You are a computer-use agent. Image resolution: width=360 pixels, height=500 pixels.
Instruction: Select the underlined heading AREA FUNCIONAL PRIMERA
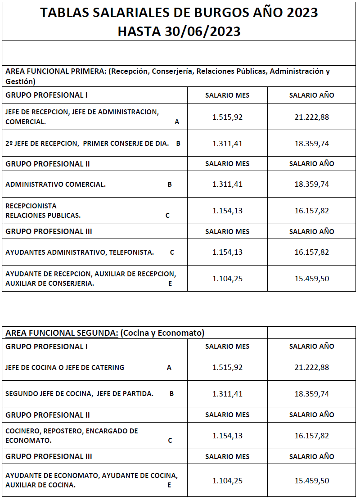click(56, 72)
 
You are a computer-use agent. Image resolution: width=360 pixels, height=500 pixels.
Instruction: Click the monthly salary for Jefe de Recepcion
click(227, 117)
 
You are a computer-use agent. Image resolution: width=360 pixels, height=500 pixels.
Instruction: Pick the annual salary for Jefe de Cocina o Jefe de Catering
click(312, 367)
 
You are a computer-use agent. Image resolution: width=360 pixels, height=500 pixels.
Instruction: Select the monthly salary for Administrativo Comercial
click(227, 184)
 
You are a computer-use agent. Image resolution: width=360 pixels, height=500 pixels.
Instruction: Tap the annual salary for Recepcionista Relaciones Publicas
click(312, 211)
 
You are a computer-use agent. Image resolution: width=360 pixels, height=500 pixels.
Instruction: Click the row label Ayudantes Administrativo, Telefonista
click(80, 252)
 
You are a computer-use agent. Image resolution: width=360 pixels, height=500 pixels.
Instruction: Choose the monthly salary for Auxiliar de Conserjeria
click(227, 279)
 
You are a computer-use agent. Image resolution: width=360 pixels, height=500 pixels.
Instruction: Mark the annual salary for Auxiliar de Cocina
click(312, 481)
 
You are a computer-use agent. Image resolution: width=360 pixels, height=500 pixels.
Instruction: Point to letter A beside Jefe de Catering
click(169, 368)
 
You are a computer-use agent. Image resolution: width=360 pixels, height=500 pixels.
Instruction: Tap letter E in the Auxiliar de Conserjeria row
click(170, 284)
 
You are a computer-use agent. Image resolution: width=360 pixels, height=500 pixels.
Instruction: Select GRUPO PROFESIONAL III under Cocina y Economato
click(49, 456)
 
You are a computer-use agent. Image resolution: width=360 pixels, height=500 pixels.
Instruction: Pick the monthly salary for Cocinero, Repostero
click(227, 436)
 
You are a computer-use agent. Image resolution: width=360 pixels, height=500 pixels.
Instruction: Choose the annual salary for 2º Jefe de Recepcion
click(312, 144)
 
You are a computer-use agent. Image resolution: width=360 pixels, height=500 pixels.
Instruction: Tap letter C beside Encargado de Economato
click(170, 441)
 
